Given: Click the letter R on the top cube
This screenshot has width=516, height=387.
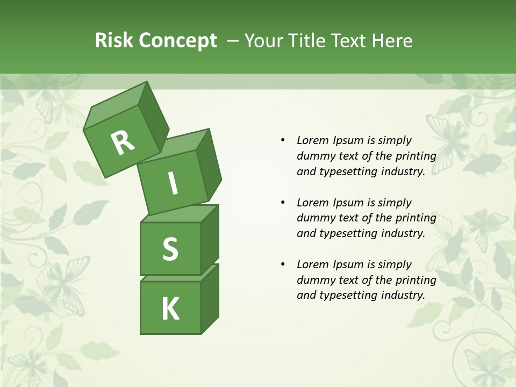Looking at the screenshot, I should pyautogui.click(x=123, y=142).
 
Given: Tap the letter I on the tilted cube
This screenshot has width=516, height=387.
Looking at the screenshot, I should pyautogui.click(x=173, y=183).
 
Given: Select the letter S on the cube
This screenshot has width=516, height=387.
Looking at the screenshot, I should pyautogui.click(x=170, y=249).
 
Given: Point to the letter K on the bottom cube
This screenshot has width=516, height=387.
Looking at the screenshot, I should pyautogui.click(x=170, y=309).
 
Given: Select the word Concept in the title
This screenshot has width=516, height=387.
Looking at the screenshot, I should pyautogui.click(x=178, y=40).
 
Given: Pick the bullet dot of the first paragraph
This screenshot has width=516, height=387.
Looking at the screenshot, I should pyautogui.click(x=283, y=140).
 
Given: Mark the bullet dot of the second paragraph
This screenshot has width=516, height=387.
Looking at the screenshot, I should pyautogui.click(x=283, y=203).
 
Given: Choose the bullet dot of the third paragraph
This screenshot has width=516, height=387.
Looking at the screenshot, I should pyautogui.click(x=283, y=264).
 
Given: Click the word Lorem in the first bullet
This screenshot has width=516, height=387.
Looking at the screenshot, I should pyautogui.click(x=313, y=140).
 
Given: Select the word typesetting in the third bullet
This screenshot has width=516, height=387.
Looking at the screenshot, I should pyautogui.click(x=349, y=295).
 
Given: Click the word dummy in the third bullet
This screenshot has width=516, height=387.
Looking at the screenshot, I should pyautogui.click(x=314, y=280).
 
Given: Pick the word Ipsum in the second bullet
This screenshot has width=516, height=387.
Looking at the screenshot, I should pyautogui.click(x=348, y=203).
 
